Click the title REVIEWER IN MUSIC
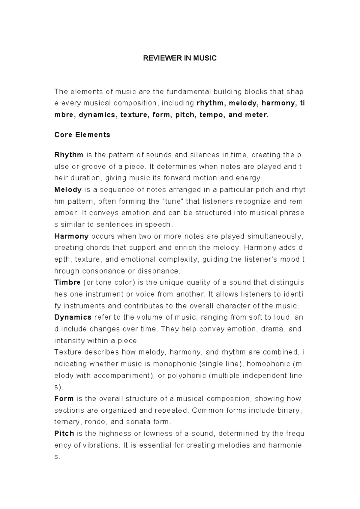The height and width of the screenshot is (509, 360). click(179, 58)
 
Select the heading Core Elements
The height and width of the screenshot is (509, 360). click(82, 135)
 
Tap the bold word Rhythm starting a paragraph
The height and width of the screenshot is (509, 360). click(69, 155)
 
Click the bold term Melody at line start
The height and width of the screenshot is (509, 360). click(68, 190)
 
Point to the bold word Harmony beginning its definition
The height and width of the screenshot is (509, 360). click(71, 236)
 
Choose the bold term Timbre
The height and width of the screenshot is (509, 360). click(67, 282)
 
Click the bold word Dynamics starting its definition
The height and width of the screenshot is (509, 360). click(73, 317)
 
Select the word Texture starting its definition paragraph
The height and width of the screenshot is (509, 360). click(66, 352)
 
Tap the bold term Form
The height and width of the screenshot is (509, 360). click(64, 399)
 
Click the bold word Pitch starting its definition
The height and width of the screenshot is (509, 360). click(64, 434)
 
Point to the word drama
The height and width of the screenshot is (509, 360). click(272, 329)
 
